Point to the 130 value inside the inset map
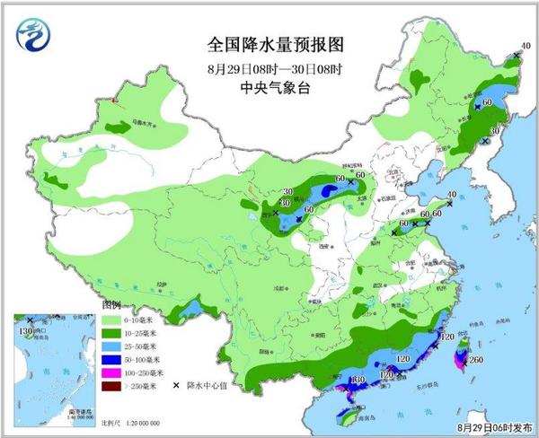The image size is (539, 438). pos(24,332)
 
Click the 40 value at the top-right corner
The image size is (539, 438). pos(526,47)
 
